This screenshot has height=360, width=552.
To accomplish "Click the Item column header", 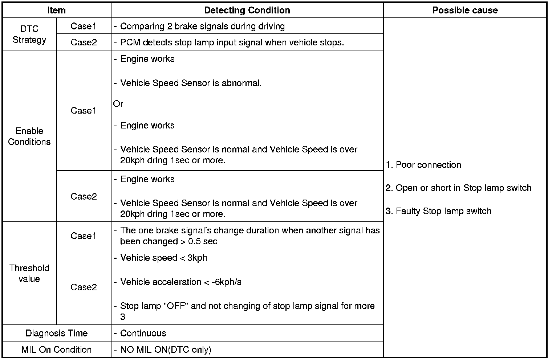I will (x=56, y=10).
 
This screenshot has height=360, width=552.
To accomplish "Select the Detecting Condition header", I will (x=247, y=10).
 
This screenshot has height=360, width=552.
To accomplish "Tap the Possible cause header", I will (x=465, y=10).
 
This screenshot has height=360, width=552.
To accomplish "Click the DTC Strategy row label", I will (x=29, y=34).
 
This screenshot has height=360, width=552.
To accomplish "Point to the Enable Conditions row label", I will (x=29, y=136).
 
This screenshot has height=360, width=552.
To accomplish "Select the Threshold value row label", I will (x=29, y=273).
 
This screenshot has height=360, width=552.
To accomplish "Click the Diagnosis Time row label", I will (x=57, y=333).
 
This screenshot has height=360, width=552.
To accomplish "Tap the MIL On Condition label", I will (x=57, y=349).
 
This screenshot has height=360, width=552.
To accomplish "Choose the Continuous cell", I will (x=143, y=333).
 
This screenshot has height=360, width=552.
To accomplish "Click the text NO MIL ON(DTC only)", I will (x=166, y=349).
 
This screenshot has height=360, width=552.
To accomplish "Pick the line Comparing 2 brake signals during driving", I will (x=202, y=26).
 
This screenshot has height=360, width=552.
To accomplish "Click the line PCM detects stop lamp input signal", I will (x=232, y=42).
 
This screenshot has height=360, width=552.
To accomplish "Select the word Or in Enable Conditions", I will (x=118, y=104).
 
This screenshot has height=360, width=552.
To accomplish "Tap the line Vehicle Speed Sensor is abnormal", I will (x=191, y=83).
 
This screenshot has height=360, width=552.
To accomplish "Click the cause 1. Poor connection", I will (x=423, y=165).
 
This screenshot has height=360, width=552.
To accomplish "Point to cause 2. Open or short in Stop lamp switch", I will (x=458, y=188).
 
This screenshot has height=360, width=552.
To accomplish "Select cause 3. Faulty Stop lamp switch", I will (x=438, y=211).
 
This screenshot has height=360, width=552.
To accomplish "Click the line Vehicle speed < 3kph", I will (x=163, y=258).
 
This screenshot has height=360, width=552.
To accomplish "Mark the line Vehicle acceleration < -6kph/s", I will (x=180, y=282).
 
